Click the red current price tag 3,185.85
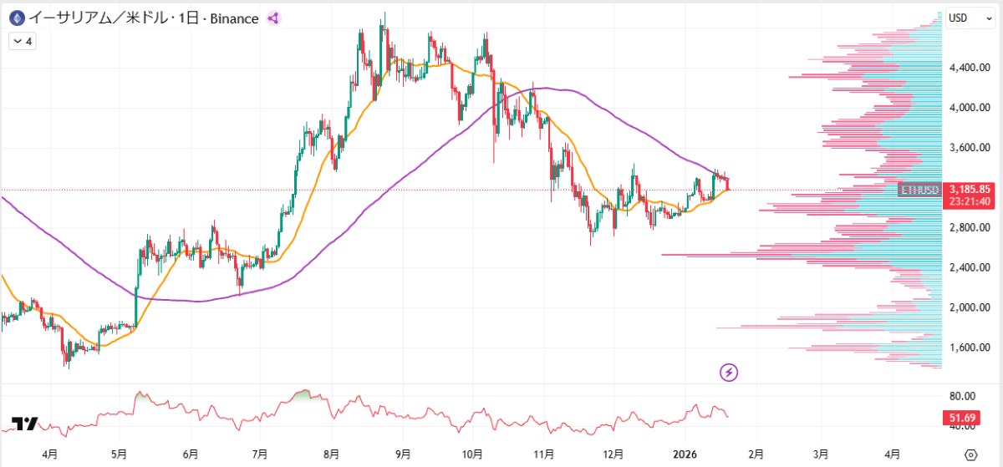970,189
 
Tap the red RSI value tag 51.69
970,416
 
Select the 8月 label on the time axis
331,454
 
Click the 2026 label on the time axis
685,454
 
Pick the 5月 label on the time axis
119,454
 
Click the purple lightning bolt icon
730,372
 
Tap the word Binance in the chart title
231,18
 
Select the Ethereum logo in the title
15,18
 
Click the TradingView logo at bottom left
25,424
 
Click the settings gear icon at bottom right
970,454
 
